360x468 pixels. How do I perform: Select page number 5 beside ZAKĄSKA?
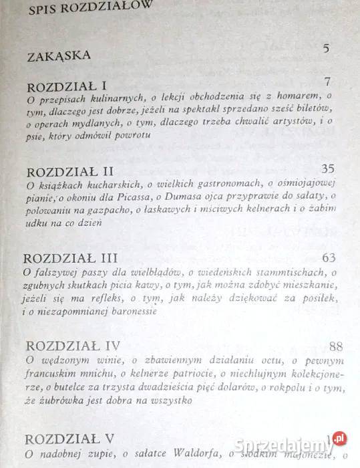click(326, 48)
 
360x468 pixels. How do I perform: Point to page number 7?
click(327, 83)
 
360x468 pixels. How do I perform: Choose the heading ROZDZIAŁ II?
click(69, 171)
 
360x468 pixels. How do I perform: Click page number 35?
click(328, 168)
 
